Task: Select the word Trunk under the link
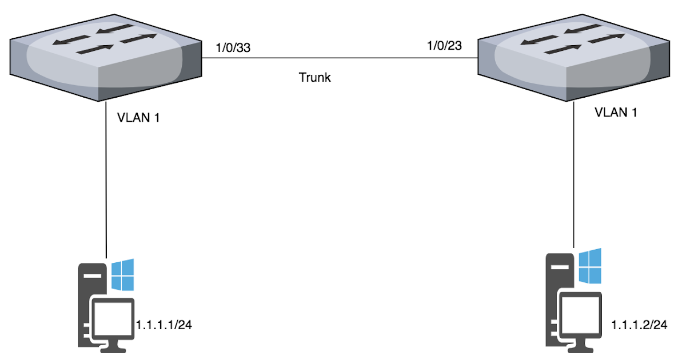(315, 77)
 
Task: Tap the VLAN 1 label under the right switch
(616, 112)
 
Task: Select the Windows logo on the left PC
(122, 274)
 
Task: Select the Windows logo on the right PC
(590, 266)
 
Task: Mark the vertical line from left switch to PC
(106, 183)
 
